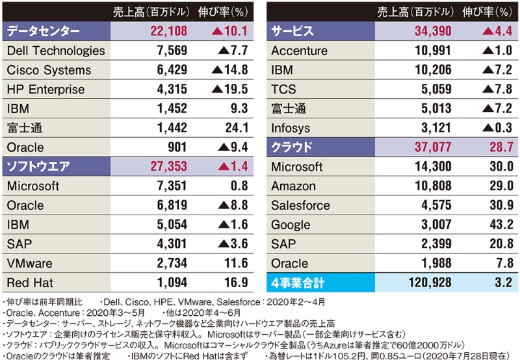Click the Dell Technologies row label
click(55, 51)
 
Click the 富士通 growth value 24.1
click(233, 128)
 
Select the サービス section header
click(292, 31)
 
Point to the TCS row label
click(284, 90)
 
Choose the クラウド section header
click(292, 148)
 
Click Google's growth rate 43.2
click(498, 225)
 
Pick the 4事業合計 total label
click(298, 283)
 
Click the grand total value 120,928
click(428, 283)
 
